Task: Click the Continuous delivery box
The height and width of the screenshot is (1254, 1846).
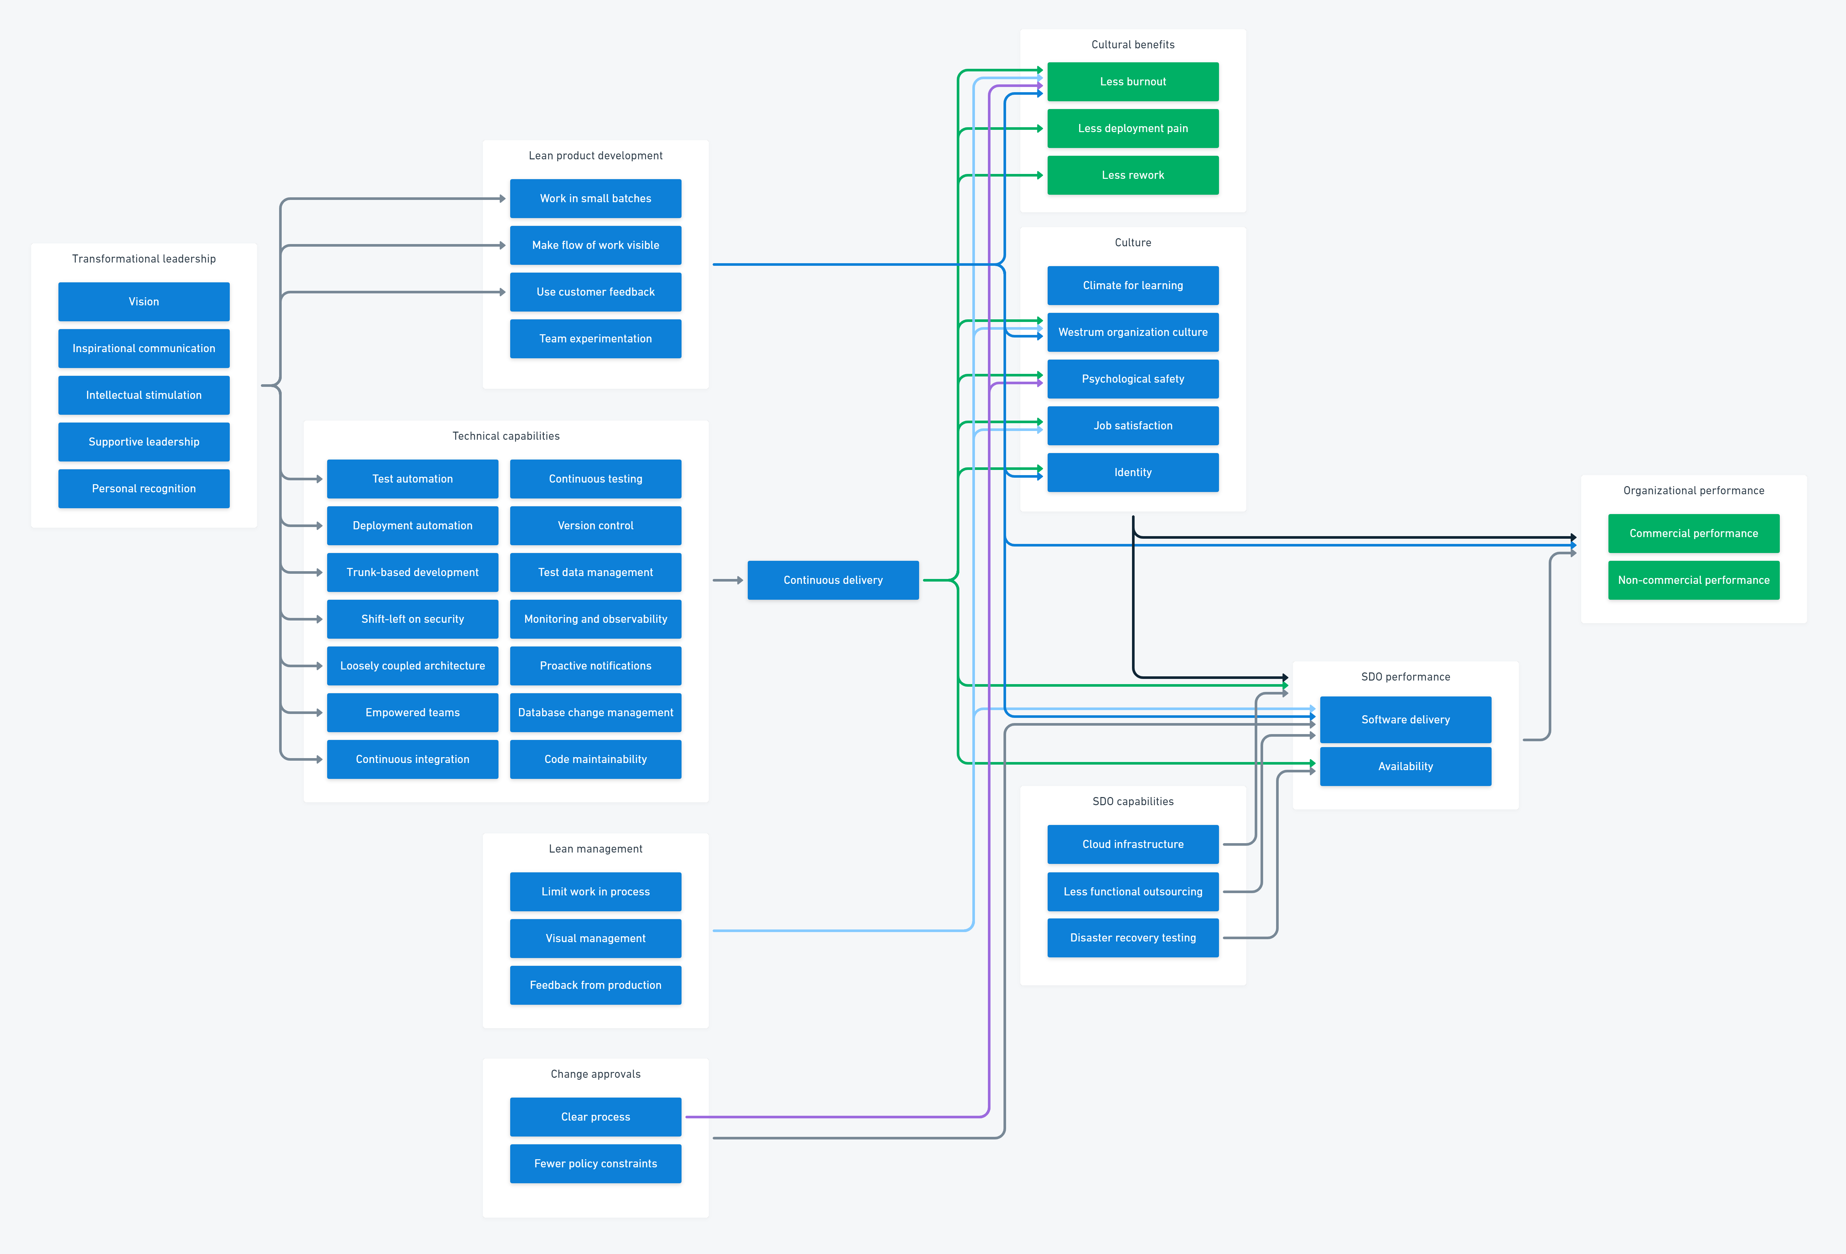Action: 832,580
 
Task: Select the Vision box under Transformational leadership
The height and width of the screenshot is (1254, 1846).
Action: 144,302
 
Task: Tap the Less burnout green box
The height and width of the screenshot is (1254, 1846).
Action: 1133,82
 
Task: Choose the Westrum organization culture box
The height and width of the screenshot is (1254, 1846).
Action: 1133,332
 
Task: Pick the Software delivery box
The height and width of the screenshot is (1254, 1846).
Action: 1405,719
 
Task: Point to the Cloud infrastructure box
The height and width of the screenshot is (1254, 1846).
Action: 1133,844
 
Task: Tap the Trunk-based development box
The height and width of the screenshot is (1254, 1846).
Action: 412,572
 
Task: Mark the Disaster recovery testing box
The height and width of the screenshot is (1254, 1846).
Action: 1133,938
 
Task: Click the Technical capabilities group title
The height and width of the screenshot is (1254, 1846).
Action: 506,436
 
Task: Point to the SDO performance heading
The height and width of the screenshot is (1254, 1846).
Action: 1405,677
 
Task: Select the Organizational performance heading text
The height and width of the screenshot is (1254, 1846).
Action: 1693,491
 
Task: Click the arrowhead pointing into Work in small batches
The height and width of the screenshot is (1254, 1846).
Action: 502,199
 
